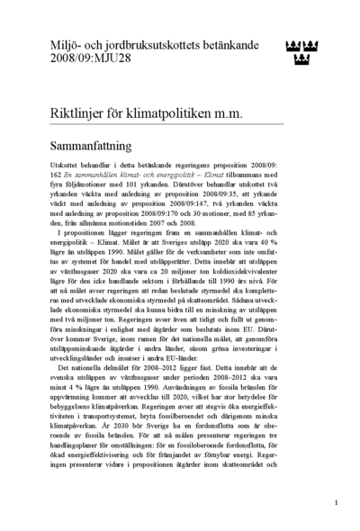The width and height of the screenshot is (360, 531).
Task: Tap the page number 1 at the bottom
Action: coord(336,502)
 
